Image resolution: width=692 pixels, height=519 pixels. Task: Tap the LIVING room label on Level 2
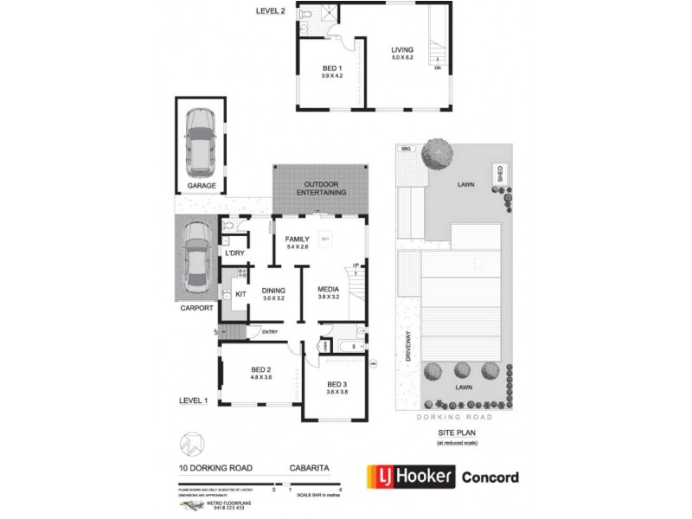coord(402,50)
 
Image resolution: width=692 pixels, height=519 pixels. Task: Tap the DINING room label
coord(272,290)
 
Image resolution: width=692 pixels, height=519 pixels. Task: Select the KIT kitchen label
coord(240,294)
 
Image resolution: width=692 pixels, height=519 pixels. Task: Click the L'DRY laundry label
coord(234,253)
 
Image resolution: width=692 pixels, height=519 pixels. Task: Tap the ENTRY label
coord(270,331)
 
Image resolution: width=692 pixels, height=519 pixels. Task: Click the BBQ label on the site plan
coord(405,149)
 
